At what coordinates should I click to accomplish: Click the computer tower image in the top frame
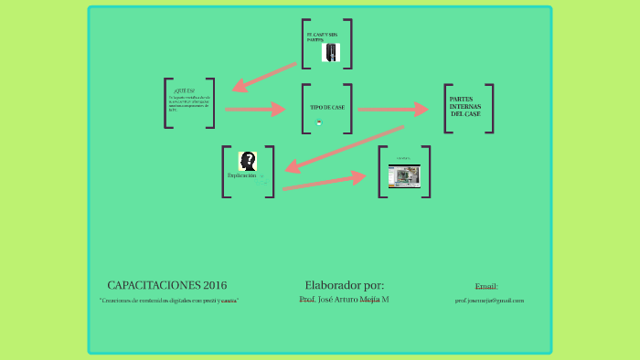(x=330, y=53)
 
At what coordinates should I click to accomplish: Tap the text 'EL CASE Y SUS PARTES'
(x=321, y=37)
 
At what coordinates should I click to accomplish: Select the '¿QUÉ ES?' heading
(x=185, y=90)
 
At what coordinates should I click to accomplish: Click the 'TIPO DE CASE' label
(x=327, y=107)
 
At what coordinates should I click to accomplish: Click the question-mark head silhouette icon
(x=247, y=161)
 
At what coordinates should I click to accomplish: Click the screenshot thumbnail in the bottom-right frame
(x=403, y=175)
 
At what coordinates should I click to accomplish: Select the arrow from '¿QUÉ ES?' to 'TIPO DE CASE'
(x=254, y=109)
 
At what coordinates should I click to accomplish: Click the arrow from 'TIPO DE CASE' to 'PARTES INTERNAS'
(x=391, y=109)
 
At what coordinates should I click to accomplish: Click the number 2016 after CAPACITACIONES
(x=209, y=285)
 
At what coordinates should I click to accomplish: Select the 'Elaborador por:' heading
(x=344, y=284)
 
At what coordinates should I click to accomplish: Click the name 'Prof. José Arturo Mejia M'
(x=344, y=300)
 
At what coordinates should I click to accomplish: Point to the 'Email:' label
(x=486, y=286)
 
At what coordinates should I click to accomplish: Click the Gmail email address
(x=489, y=301)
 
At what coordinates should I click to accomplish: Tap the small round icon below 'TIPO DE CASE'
(x=319, y=122)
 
